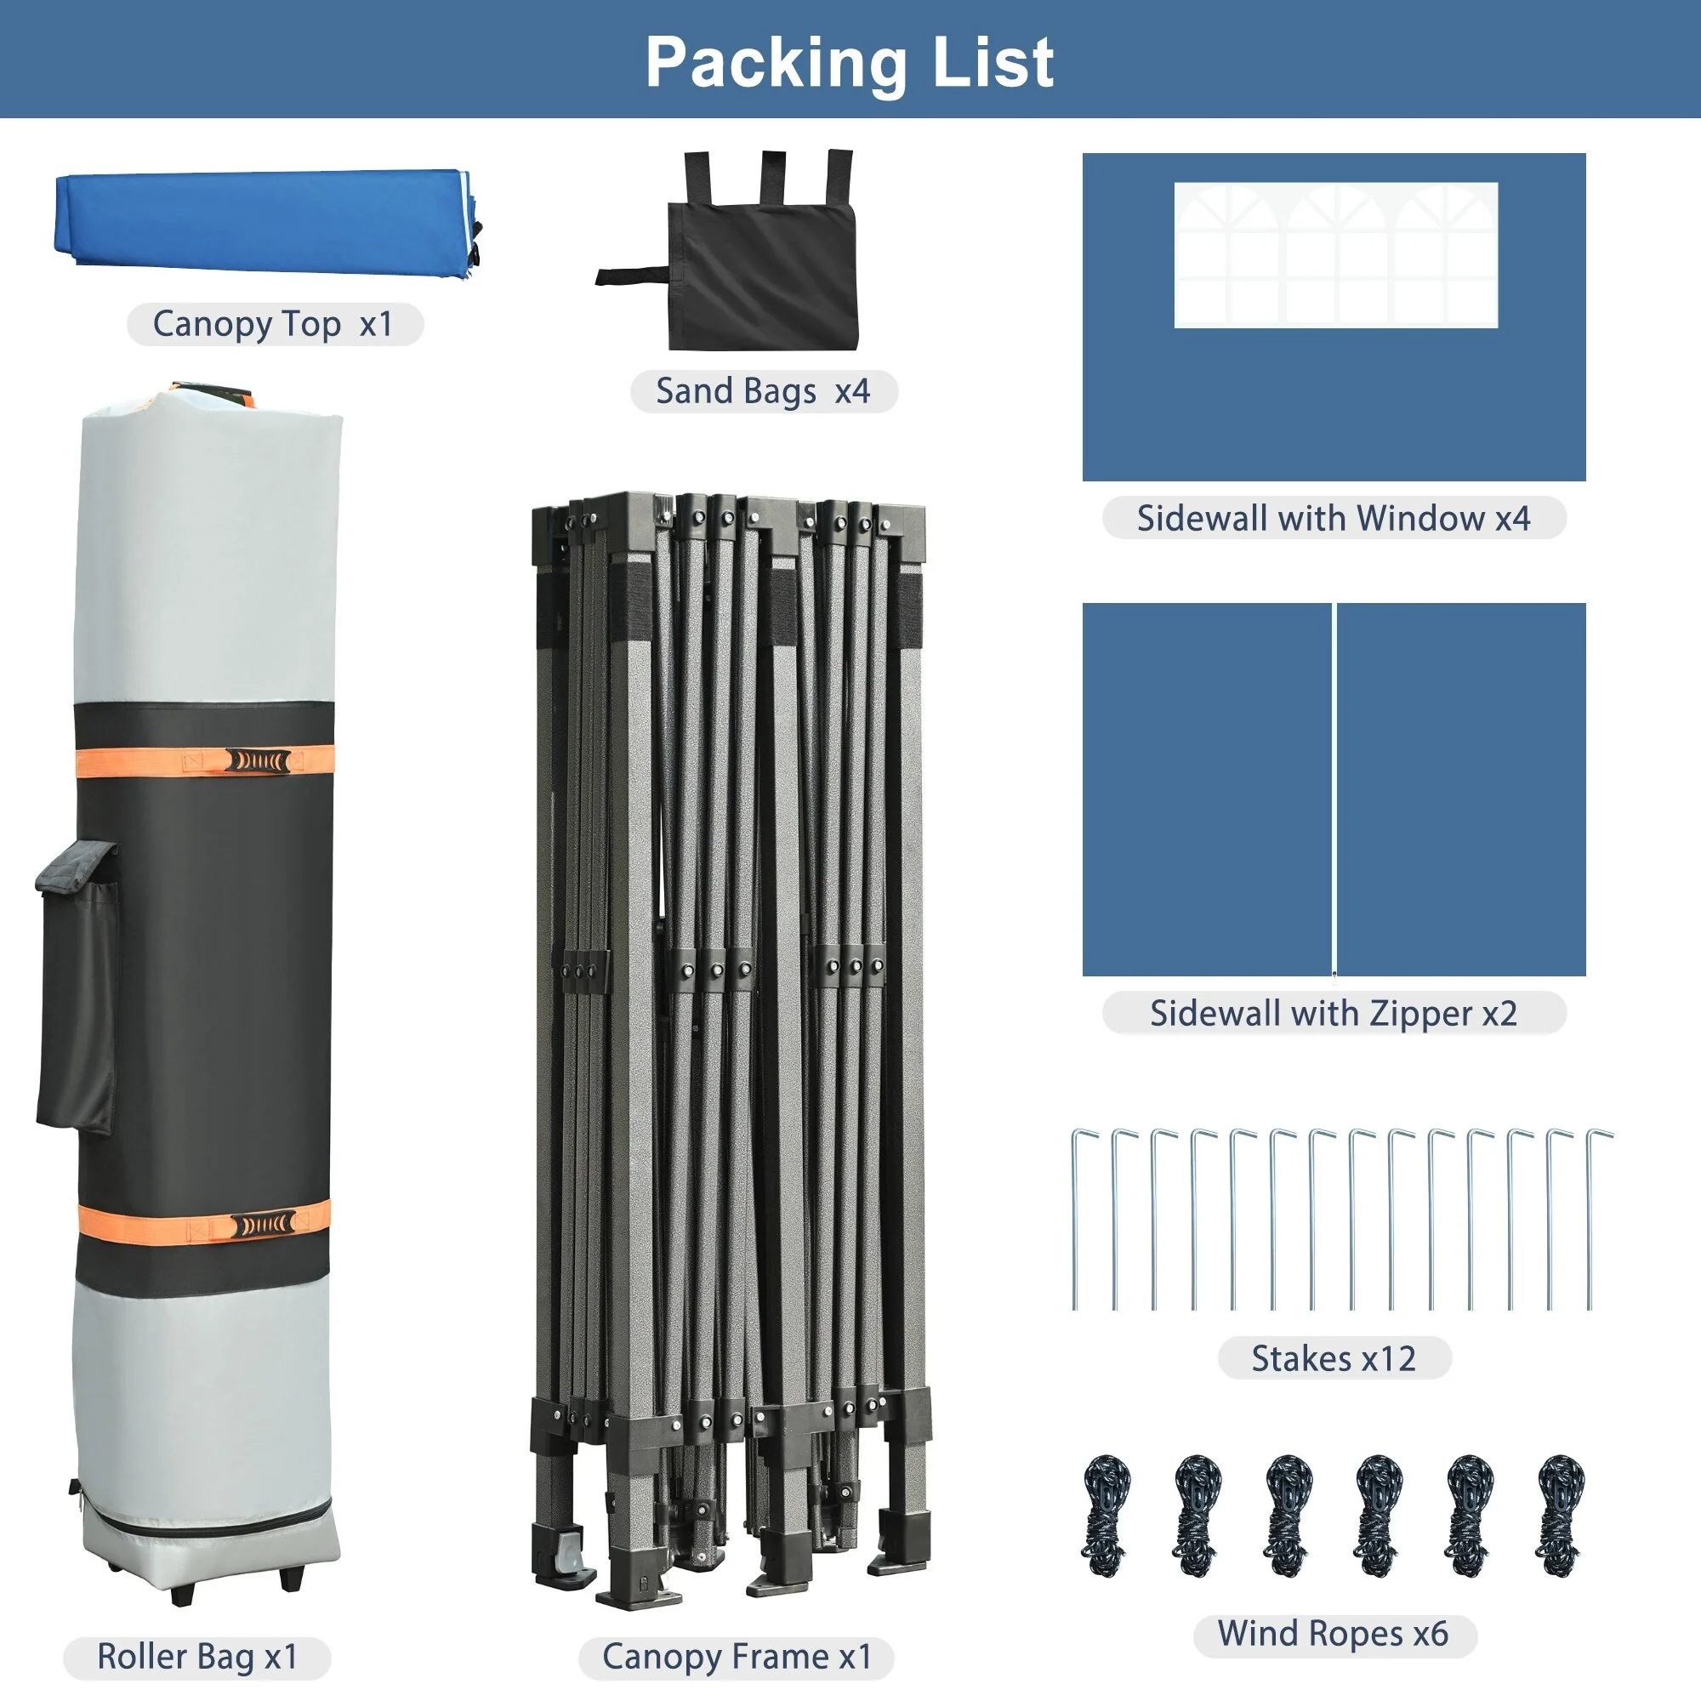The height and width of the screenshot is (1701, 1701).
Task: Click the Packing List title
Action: (x=850, y=64)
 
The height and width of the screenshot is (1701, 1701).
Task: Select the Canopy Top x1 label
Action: (x=274, y=325)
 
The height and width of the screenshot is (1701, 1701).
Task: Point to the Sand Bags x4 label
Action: (x=764, y=391)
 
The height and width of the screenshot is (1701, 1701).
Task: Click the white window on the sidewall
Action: (x=1335, y=255)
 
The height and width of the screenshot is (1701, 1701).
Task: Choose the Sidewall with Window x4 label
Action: (x=1334, y=518)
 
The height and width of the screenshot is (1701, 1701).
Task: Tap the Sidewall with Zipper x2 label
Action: (x=1334, y=1014)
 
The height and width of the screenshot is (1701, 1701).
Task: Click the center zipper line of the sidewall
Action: (x=1334, y=790)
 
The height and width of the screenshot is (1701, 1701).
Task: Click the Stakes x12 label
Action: (x=1334, y=1358)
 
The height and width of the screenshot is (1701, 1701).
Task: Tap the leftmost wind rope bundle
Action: (x=1107, y=1516)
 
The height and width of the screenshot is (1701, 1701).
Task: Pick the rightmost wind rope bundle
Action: (x=1560, y=1516)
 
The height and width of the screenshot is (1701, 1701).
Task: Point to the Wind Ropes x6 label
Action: (x=1333, y=1633)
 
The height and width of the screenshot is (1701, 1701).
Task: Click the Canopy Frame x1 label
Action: (x=737, y=1656)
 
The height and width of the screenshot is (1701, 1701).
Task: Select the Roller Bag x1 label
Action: (x=197, y=1656)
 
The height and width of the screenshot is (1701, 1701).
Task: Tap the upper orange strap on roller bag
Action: (x=204, y=760)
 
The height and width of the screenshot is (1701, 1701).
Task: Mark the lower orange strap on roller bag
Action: (x=203, y=1224)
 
